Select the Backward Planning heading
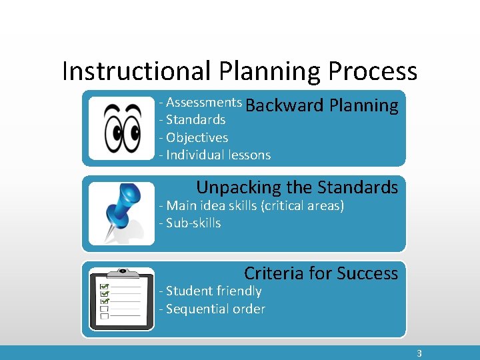tap(322, 105)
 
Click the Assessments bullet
tap(201, 102)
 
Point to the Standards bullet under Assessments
tap(193, 120)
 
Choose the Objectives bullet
tap(194, 137)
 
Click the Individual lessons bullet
tap(215, 155)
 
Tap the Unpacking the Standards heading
tap(297, 187)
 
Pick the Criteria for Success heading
tap(321, 273)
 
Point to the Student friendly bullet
tap(211, 291)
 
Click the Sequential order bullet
tap(212, 309)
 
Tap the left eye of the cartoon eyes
tap(110, 127)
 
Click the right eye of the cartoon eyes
tap(132, 127)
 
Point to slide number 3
tap(419, 353)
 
